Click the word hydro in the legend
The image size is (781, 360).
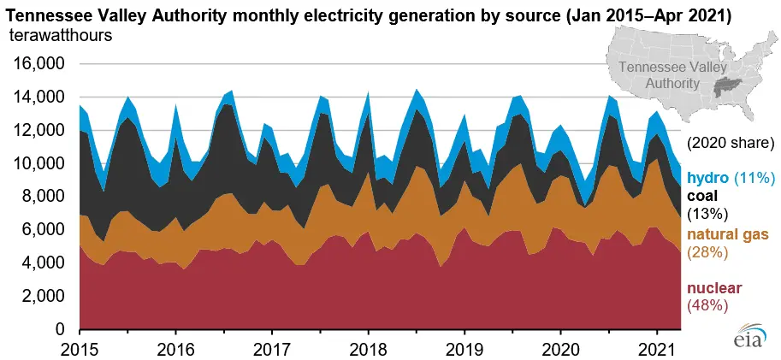(x=708, y=178)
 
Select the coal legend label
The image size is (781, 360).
(x=703, y=196)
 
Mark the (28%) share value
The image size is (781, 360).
(x=708, y=252)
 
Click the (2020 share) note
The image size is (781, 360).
(x=731, y=142)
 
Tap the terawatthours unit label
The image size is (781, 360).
(x=60, y=35)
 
